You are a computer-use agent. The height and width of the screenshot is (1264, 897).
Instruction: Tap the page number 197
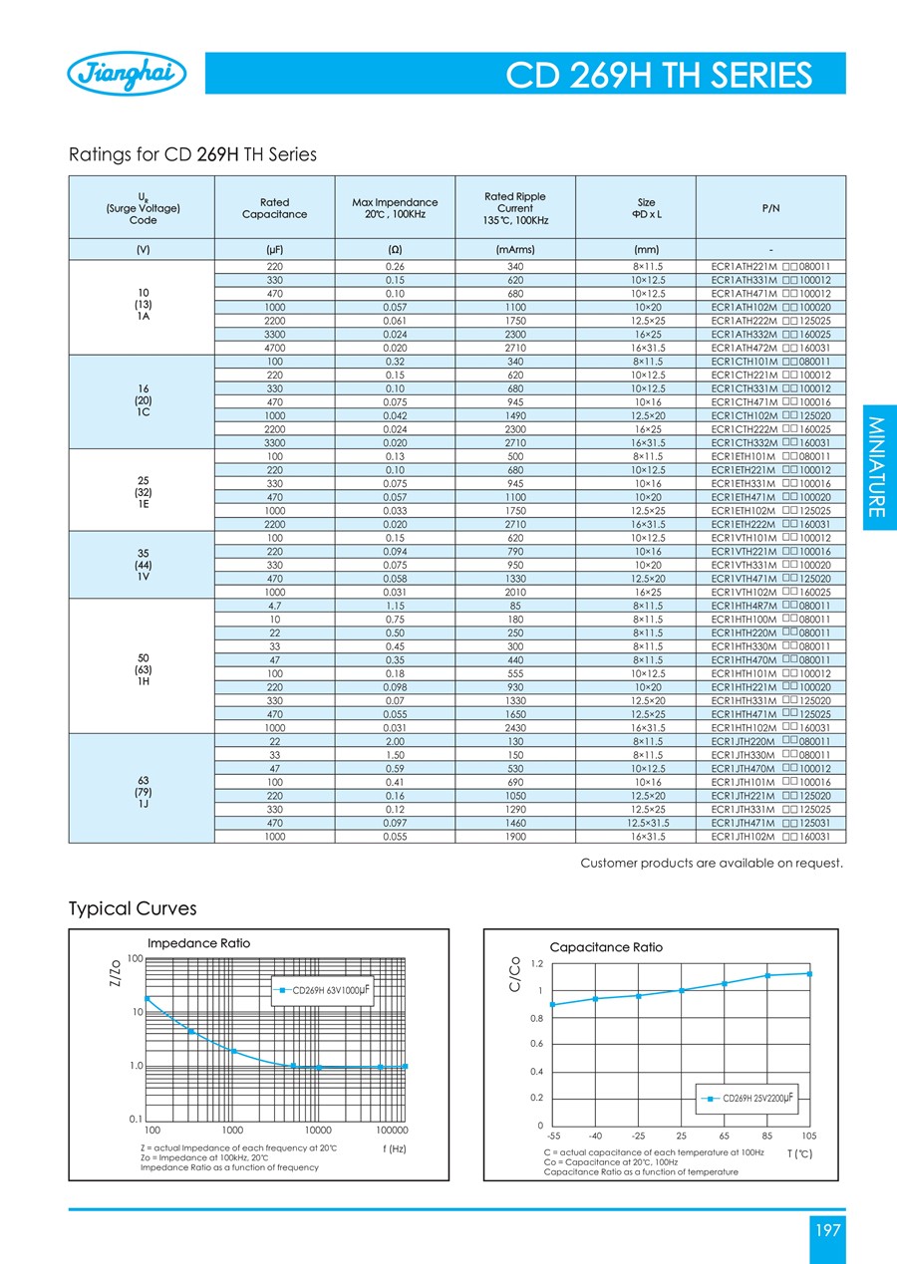827,1231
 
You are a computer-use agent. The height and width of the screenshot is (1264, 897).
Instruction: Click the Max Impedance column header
395,207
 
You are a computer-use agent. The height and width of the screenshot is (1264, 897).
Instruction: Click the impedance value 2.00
395,742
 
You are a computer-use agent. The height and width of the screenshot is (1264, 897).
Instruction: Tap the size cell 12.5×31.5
646,825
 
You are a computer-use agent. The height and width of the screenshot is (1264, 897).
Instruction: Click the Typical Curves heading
133,908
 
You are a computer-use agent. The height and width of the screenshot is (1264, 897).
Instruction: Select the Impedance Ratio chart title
198,942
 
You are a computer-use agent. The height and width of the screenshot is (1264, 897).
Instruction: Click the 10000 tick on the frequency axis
319,1132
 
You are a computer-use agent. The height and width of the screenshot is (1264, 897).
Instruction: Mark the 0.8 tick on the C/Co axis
536,1018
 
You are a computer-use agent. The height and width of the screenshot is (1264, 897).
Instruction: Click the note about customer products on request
712,862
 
